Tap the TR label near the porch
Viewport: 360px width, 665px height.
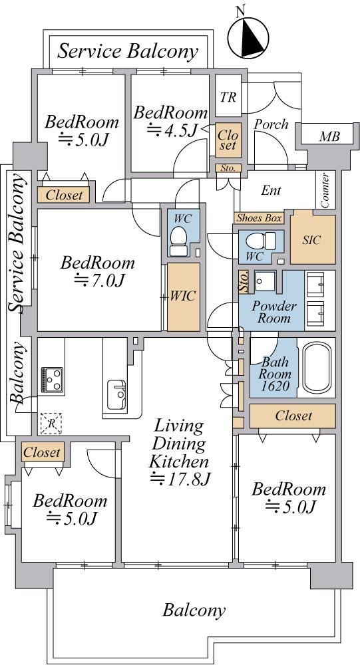pos(228,97)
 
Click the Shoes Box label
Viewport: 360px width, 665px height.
pos(259,218)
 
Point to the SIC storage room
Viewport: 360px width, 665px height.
pos(313,239)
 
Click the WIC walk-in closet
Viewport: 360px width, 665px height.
pos(184,297)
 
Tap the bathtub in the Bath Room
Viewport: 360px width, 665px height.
pos(317,367)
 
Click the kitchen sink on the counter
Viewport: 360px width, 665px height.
pos(116,394)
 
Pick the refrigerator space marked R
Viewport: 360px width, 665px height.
pos(51,423)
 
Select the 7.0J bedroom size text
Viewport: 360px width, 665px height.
pos(98,280)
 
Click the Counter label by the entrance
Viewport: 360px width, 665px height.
pos(325,190)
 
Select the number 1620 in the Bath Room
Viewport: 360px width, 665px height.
pos(275,386)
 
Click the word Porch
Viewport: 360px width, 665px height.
pos(271,124)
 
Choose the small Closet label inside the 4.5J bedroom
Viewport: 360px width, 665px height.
pos(228,140)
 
